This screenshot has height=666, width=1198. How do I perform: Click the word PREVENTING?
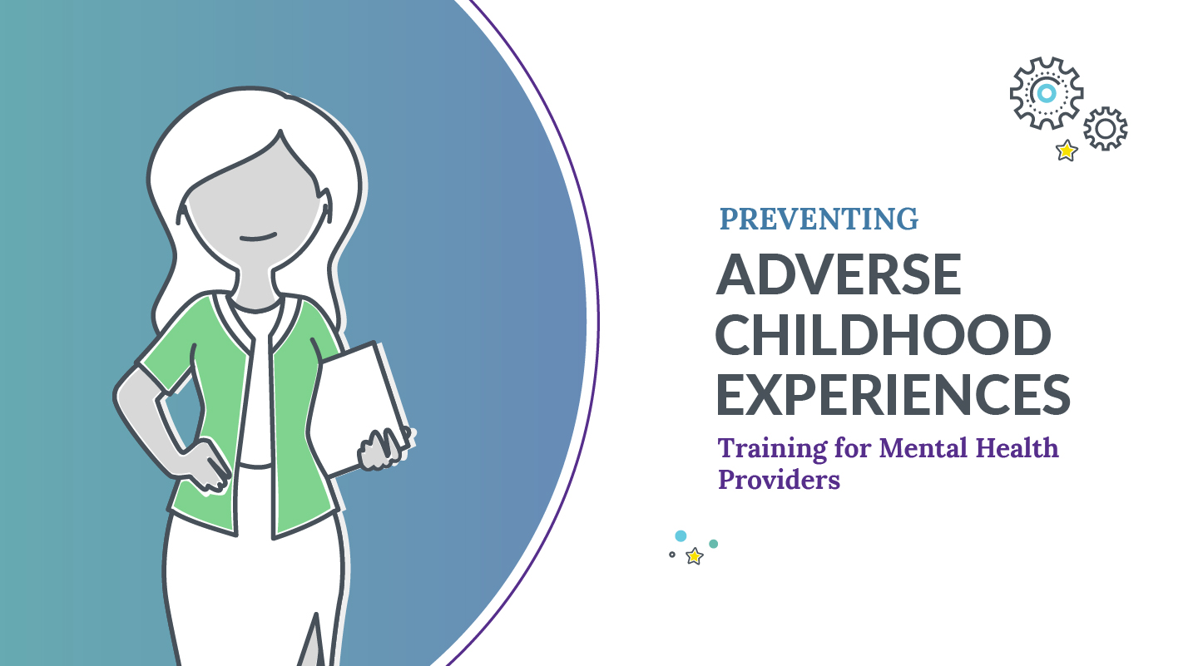[x=819, y=219]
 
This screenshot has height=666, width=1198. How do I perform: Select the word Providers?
[x=779, y=480]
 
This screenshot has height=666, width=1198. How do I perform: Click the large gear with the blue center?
[x=1046, y=92]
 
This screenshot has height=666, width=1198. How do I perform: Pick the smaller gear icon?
[x=1105, y=129]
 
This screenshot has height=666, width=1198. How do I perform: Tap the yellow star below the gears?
[x=1066, y=150]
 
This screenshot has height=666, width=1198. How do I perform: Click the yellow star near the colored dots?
[x=694, y=556]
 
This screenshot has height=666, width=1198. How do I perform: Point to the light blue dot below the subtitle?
[x=681, y=536]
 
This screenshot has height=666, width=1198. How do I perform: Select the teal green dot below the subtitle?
[x=713, y=544]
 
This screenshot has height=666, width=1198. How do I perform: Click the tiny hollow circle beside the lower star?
[x=672, y=555]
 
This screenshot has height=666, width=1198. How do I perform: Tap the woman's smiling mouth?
[x=259, y=238]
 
